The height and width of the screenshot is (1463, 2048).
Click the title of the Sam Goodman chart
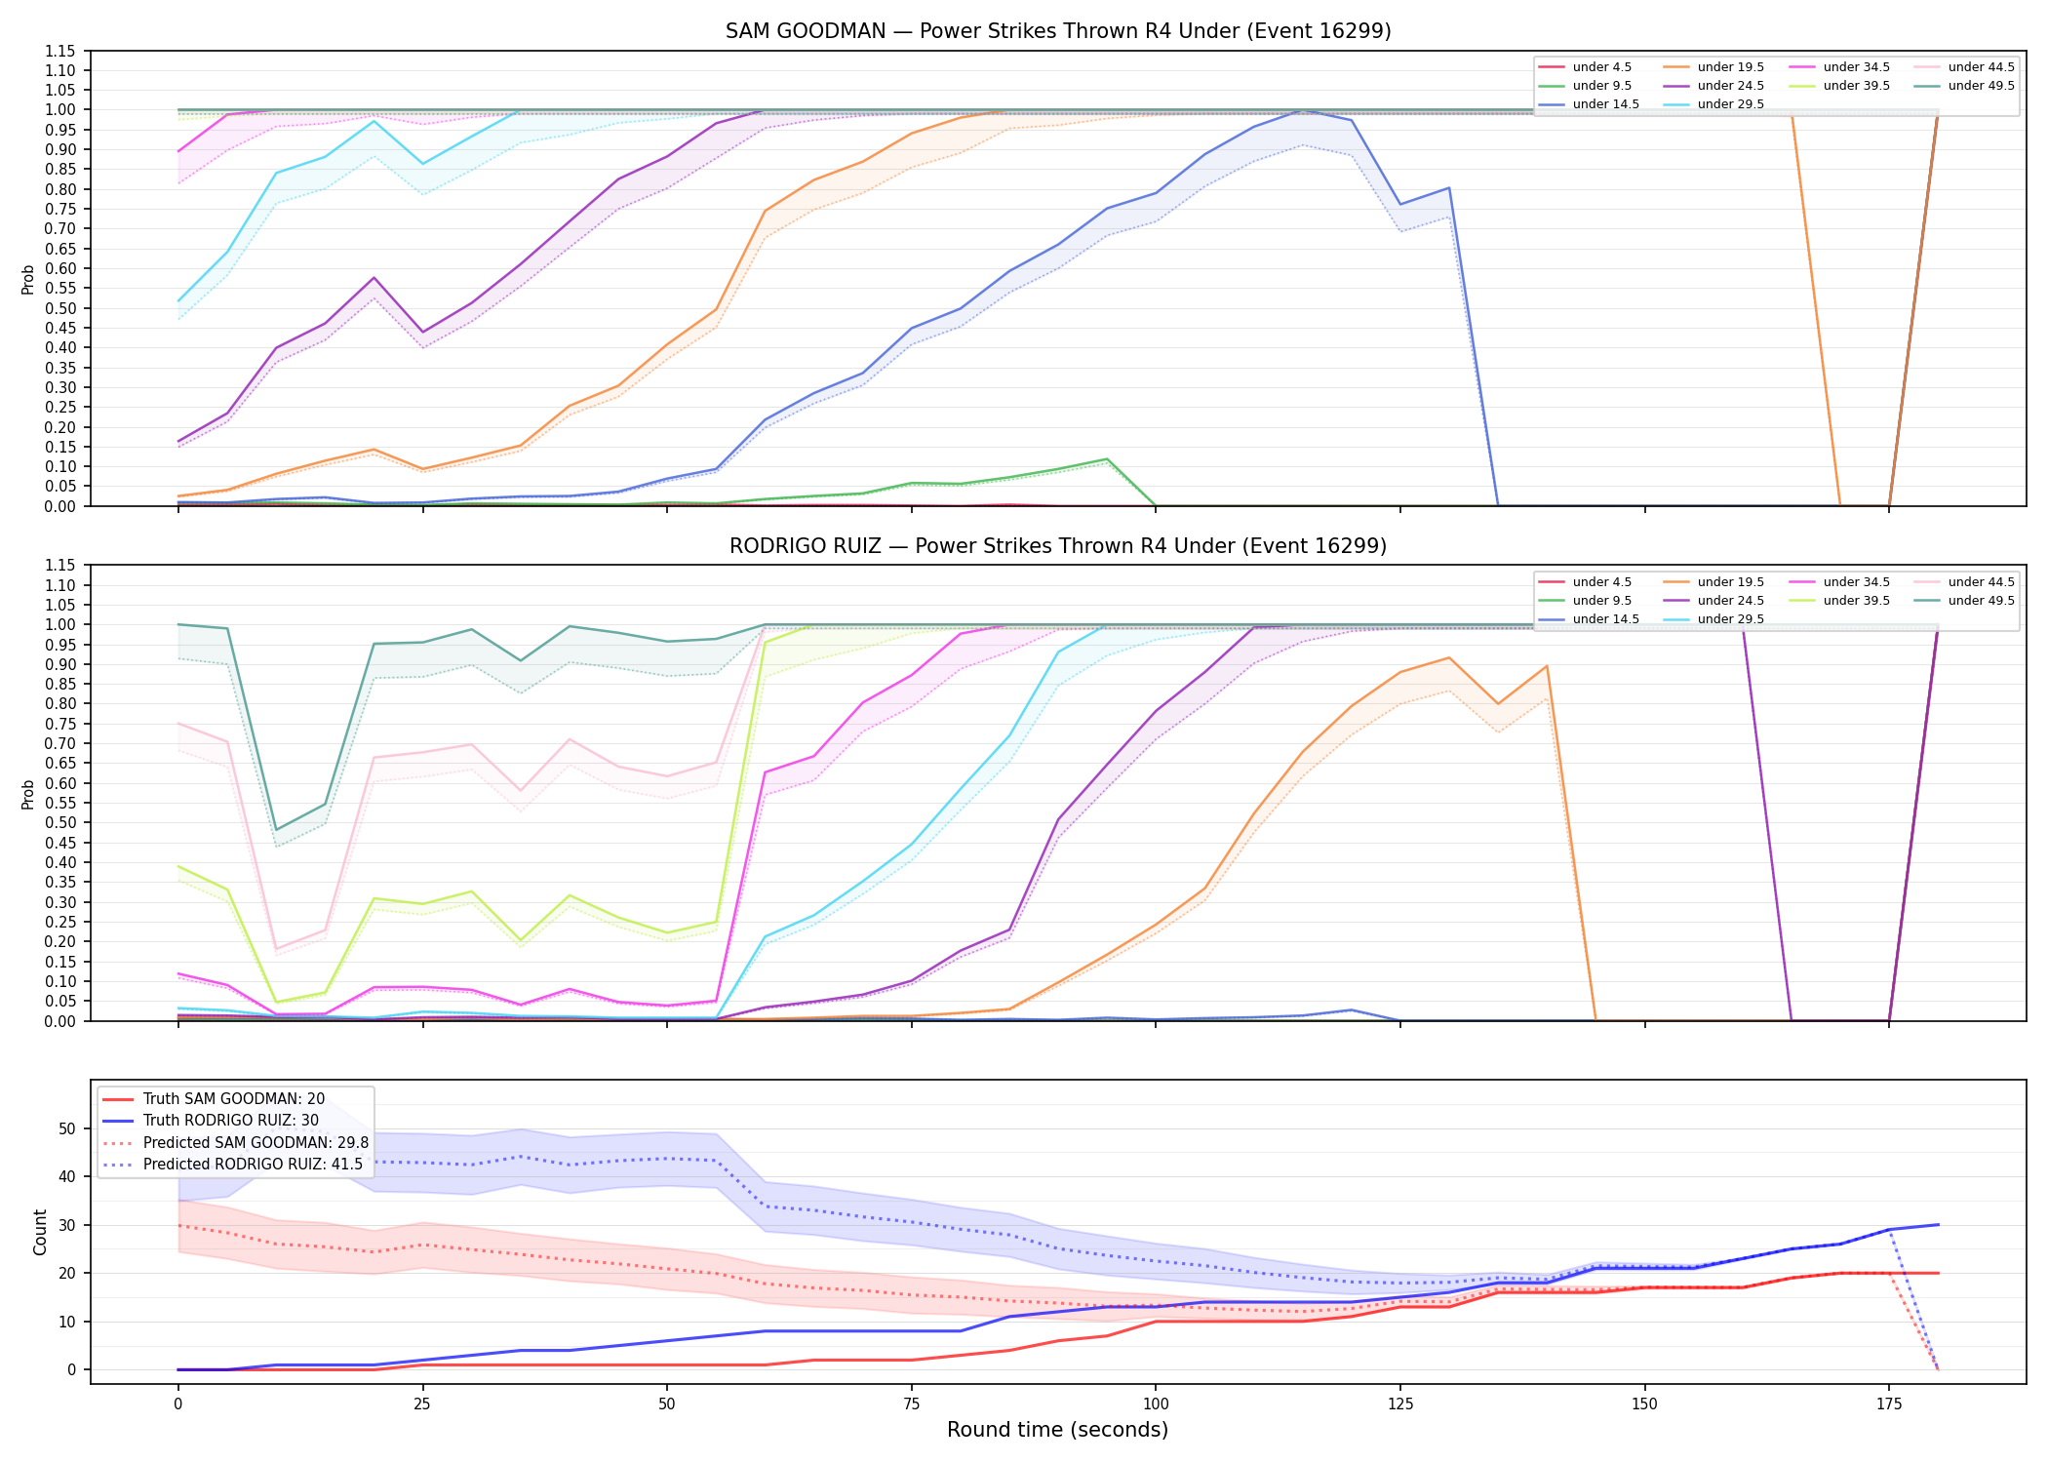pyautogui.click(x=1058, y=31)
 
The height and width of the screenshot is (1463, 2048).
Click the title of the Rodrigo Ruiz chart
pyautogui.click(x=1058, y=546)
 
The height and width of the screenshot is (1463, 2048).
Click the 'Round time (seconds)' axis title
pyautogui.click(x=1057, y=1430)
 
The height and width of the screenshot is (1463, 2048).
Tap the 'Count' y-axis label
pyautogui.click(x=40, y=1232)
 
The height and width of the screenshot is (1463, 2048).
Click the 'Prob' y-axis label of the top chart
pyautogui.click(x=28, y=279)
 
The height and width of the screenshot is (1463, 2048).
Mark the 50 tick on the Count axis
pyautogui.click(x=68, y=1128)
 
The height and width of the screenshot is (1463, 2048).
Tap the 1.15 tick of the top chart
pyautogui.click(x=60, y=51)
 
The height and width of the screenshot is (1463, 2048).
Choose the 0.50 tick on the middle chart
pyautogui.click(x=60, y=822)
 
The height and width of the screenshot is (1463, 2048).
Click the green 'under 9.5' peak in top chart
pyautogui.click(x=1107, y=458)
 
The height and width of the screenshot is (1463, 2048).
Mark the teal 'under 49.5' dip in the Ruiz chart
pyautogui.click(x=276, y=830)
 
